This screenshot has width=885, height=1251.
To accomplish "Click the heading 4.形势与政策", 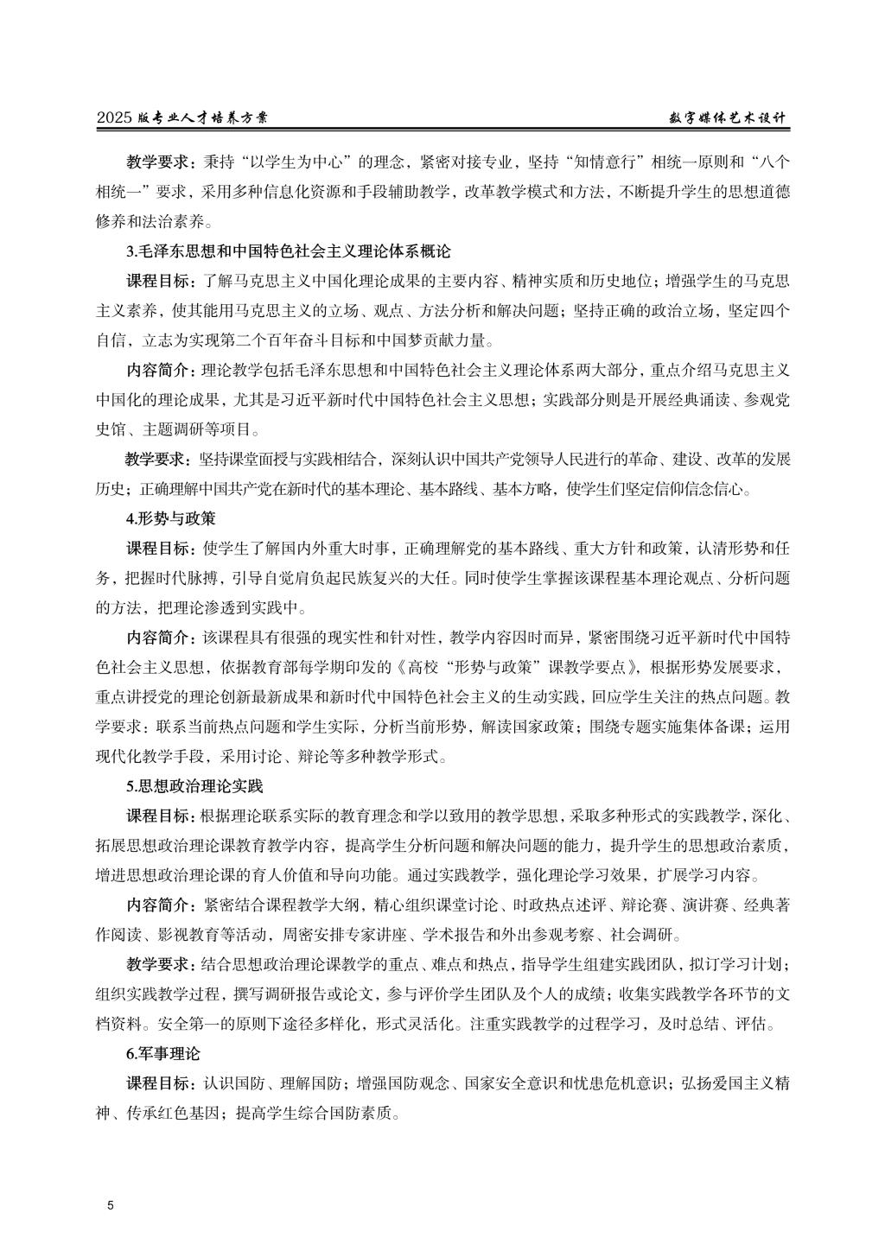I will [x=170, y=519].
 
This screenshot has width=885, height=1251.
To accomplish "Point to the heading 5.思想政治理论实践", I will [x=194, y=787].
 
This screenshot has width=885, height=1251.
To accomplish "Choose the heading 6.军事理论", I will [x=162, y=1054].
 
